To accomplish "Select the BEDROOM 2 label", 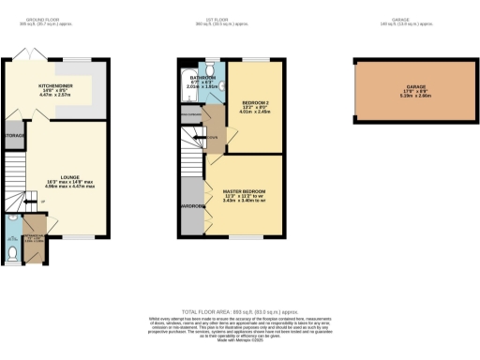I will pos(253,105).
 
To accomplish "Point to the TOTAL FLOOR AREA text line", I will pos(241,309).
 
